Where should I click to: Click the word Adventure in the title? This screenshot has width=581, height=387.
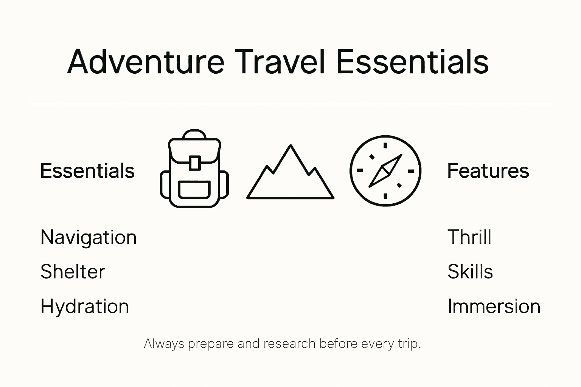coord(146,62)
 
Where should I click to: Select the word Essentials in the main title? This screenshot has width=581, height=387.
coord(412,62)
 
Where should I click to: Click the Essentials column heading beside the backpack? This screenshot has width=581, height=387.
coord(87,171)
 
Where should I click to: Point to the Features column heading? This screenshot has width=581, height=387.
coord(488,171)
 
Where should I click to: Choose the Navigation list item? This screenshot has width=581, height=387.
coord(89,237)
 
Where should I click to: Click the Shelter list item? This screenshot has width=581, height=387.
coord(73,271)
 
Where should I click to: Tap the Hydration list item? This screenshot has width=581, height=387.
coord(85,306)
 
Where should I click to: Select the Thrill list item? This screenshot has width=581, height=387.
coord(469,237)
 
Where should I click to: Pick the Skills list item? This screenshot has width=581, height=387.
coord(470,271)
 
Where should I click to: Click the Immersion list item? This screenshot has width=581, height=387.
coord(494,306)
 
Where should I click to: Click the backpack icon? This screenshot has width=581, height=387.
coord(194,169)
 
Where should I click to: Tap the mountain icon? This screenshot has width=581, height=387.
coord(290,172)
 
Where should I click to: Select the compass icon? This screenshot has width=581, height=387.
coord(385,171)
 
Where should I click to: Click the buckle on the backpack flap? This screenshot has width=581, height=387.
coord(194,163)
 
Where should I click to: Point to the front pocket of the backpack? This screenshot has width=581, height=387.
coord(194,190)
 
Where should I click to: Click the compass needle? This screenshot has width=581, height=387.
coord(385,170)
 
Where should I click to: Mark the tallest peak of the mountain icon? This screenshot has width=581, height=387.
coord(290,146)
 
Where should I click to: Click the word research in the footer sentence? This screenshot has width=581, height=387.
coord(289,344)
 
